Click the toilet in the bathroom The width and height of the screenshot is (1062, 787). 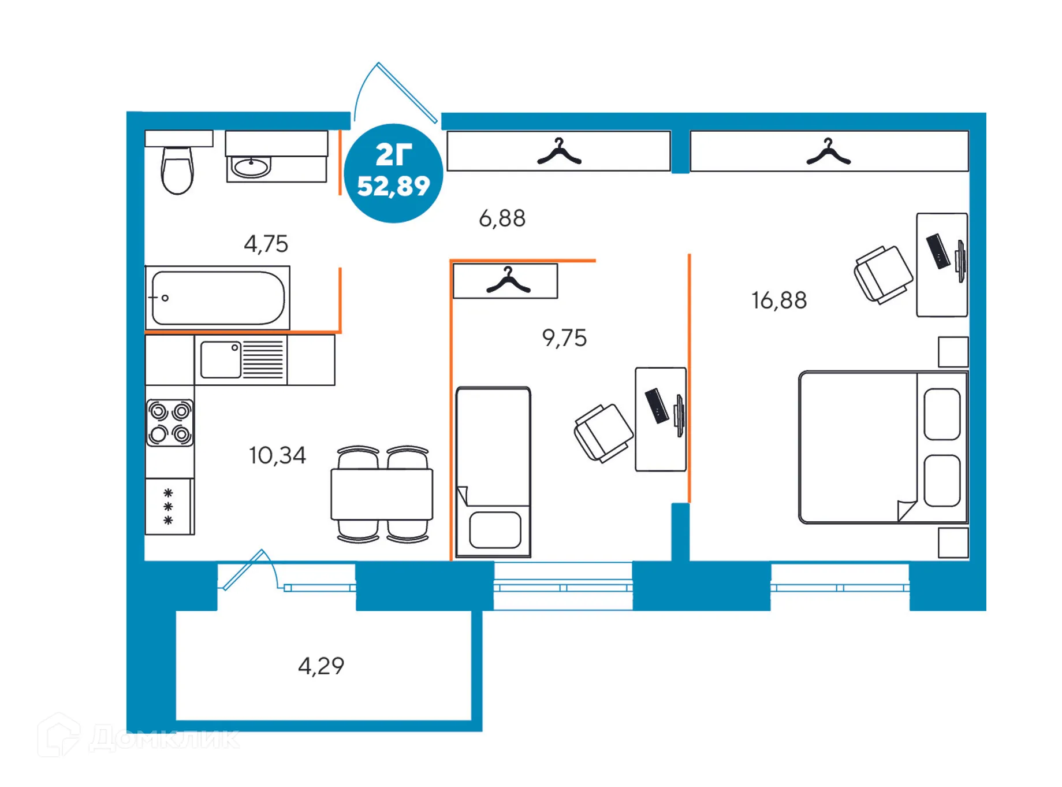click(177, 169)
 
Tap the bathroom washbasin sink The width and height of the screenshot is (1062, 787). click(251, 167)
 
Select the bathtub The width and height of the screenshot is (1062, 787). click(218, 298)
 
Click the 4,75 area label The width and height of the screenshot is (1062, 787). click(266, 244)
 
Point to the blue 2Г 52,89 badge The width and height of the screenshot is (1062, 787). click(393, 173)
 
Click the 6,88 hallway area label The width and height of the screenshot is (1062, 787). click(502, 218)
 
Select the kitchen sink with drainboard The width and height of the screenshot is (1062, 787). click(241, 359)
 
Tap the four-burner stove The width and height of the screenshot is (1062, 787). click(170, 422)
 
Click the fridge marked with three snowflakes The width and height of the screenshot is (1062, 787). click(168, 506)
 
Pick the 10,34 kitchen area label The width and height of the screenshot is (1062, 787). click(277, 455)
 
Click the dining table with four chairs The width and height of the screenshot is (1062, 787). click(382, 494)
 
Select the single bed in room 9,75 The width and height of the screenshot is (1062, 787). click(493, 472)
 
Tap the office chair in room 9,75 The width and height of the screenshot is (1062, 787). click(603, 432)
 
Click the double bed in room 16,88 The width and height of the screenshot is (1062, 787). click(882, 447)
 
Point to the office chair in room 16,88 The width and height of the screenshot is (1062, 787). click(882, 274)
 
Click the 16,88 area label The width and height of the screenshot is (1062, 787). click(778, 300)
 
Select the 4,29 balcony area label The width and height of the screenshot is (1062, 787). click(321, 666)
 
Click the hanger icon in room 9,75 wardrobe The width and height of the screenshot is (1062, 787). click(508, 280)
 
